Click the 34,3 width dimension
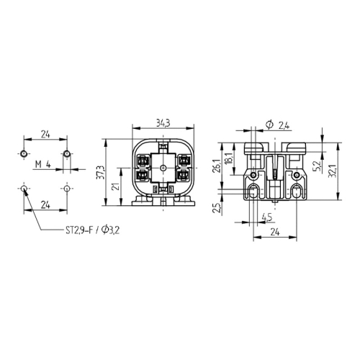[163, 123]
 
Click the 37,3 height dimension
[102, 172]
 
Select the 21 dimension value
[116, 186]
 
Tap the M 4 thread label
[43, 164]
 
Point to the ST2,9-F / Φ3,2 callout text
[93, 230]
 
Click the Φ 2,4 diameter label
[278, 125]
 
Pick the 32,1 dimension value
[332, 171]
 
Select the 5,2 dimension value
[317, 166]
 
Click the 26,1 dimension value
[216, 166]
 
